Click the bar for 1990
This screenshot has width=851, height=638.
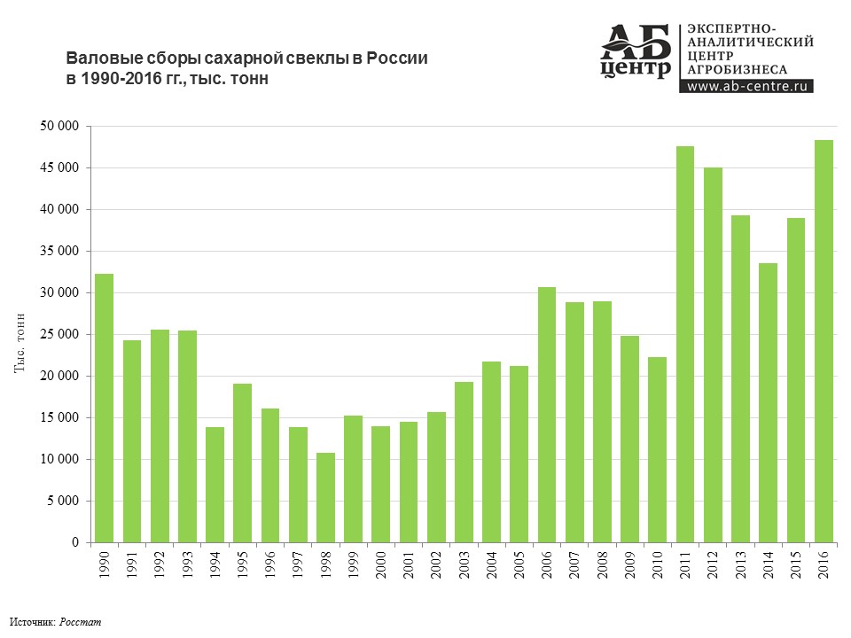(x=105, y=408)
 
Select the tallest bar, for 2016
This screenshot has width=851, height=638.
(x=824, y=341)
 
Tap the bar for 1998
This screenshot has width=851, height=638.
(x=326, y=497)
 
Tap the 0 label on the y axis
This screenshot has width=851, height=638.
(x=75, y=542)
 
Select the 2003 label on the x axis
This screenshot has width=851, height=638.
(x=465, y=565)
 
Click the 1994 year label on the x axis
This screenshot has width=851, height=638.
(x=215, y=565)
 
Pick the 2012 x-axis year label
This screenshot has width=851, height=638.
(x=714, y=565)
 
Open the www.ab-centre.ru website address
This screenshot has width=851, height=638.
(x=747, y=87)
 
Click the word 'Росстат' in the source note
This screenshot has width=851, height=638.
(x=81, y=622)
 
